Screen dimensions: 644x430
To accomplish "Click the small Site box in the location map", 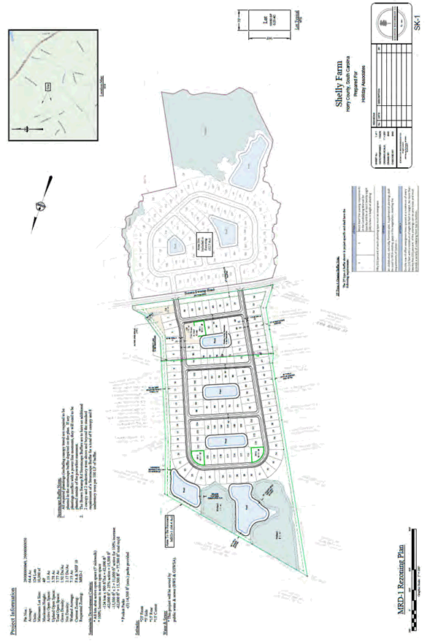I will coord(49,86).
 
